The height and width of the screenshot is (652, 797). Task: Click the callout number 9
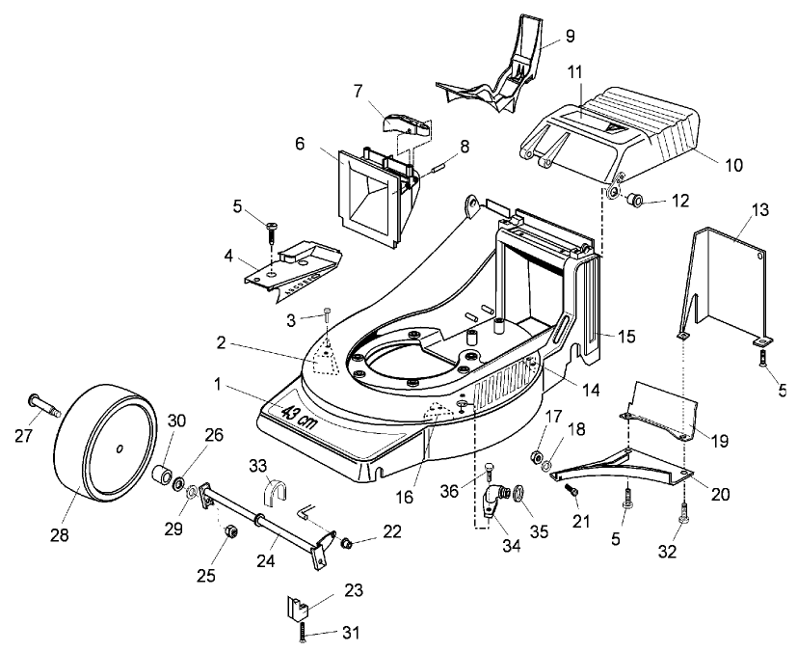coord(570,37)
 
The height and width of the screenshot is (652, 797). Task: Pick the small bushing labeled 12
coord(635,203)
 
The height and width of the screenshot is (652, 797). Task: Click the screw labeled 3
coord(328,313)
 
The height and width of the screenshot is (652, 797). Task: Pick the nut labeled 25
coord(230,531)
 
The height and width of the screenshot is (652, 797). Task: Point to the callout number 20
coord(722,494)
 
